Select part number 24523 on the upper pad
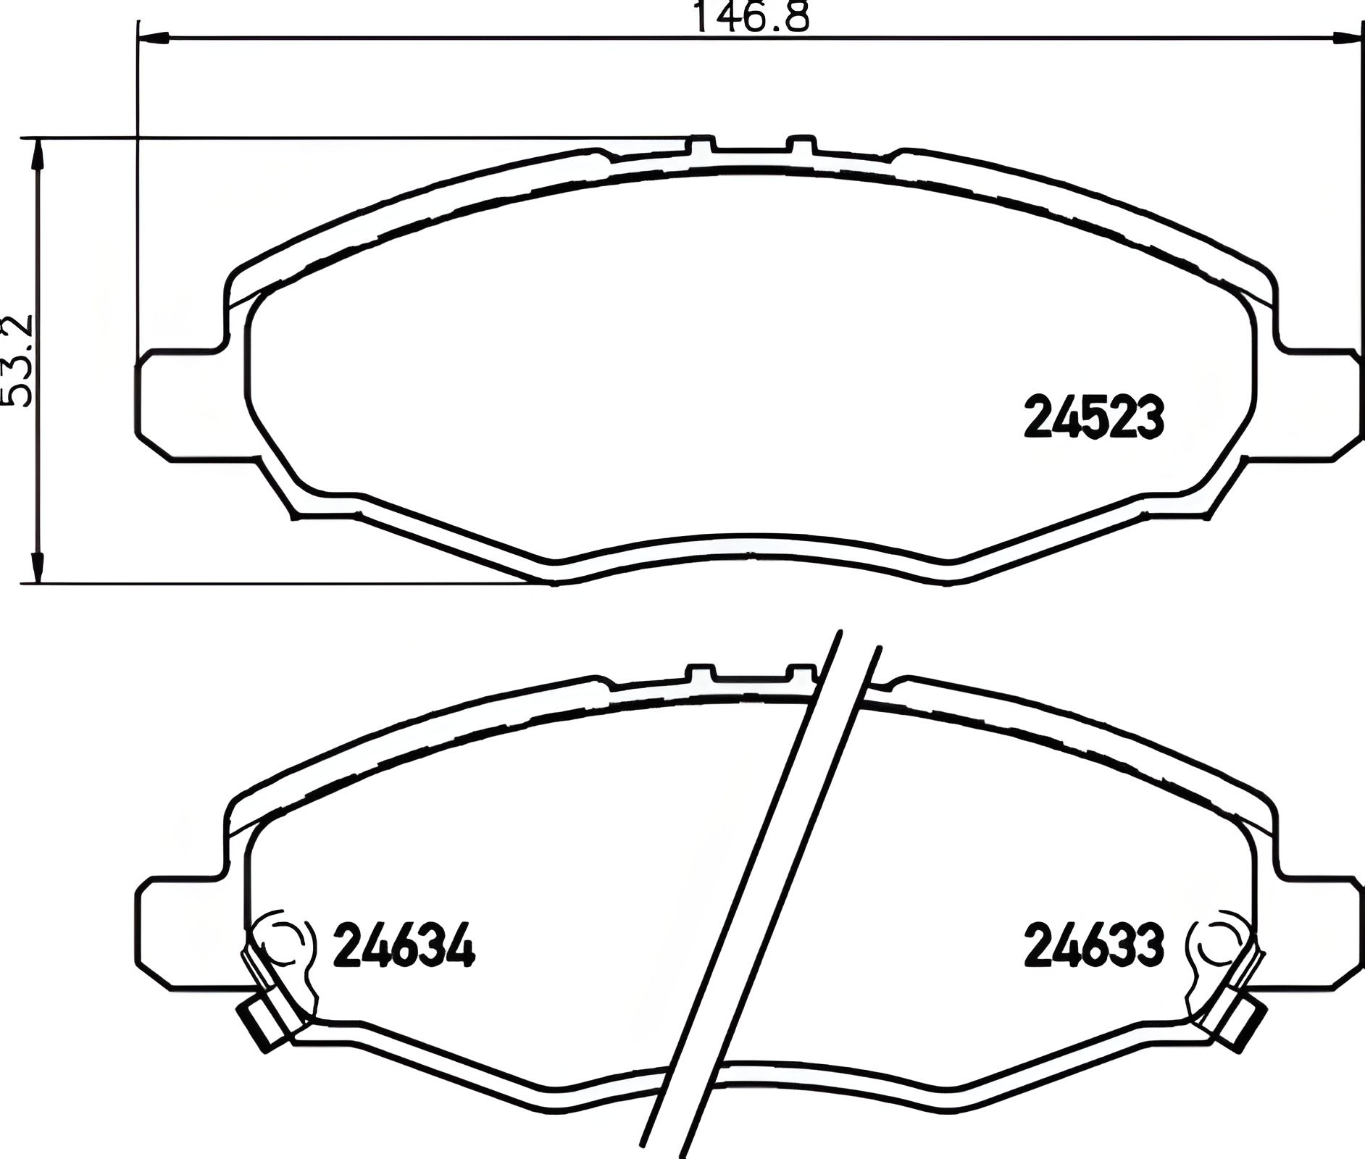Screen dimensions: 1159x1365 pyautogui.click(x=1093, y=418)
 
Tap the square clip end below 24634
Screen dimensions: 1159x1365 pyautogui.click(x=262, y=1024)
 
